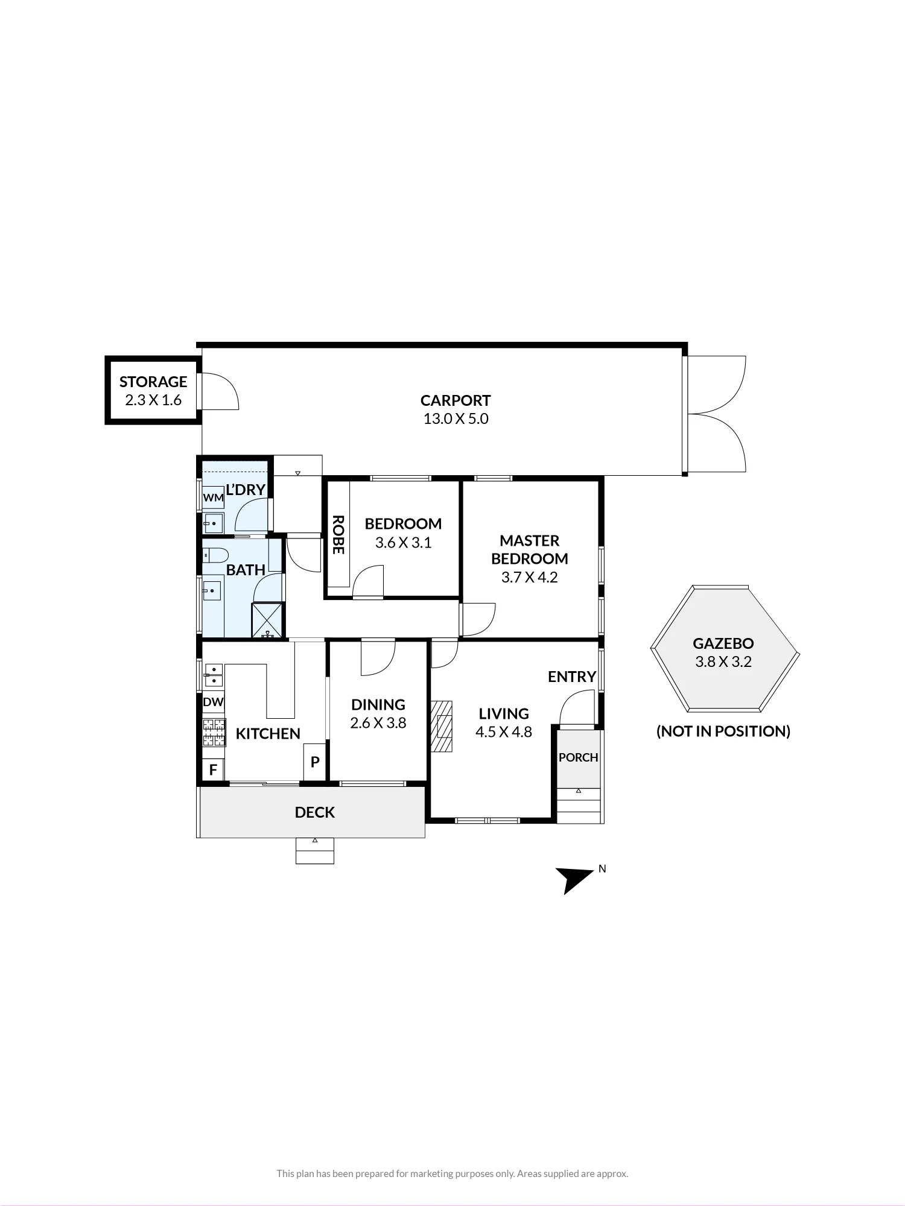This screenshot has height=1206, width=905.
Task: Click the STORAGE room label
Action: [153, 382]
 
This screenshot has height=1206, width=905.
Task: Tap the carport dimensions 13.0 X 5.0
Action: [456, 419]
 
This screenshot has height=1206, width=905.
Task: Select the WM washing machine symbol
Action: [213, 498]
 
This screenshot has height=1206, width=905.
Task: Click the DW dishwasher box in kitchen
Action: [213, 702]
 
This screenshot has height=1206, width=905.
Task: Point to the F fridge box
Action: [213, 770]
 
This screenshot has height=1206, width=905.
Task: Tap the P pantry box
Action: [314, 762]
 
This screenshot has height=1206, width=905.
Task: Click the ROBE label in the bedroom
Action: [338, 534]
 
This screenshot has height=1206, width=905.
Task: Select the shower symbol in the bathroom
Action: [267, 619]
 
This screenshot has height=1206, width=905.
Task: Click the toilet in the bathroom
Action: [215, 555]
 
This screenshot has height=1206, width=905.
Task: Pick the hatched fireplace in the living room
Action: [442, 726]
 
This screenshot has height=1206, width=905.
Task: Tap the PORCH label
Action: [579, 757]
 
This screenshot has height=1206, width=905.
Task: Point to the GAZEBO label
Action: [723, 643]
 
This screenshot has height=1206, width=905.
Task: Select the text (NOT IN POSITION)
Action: [723, 731]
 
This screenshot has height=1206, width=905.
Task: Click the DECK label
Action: [315, 812]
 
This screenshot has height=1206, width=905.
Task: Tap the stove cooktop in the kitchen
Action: [214, 733]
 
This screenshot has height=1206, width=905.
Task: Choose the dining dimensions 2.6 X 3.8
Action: [378, 723]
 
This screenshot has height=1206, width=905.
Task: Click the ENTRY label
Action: [572, 677]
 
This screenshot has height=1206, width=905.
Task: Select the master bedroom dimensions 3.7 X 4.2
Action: [530, 577]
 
